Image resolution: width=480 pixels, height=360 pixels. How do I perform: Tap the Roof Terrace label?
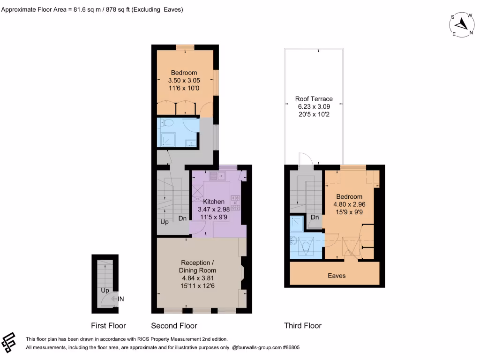[314, 99]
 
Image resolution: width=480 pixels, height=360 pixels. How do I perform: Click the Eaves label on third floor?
[337, 276]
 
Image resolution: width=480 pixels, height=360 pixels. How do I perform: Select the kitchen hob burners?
[235, 202]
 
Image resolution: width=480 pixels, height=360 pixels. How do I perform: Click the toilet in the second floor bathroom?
[168, 123]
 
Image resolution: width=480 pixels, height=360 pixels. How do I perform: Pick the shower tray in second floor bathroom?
[166, 139]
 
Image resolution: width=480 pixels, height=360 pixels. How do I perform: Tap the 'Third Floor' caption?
[303, 326]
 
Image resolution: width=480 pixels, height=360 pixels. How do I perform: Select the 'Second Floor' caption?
[174, 326]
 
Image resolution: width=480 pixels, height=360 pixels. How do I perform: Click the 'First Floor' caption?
[108, 326]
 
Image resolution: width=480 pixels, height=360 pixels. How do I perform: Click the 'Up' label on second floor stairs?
[165, 222]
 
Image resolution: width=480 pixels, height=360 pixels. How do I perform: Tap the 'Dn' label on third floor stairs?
[315, 217]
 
